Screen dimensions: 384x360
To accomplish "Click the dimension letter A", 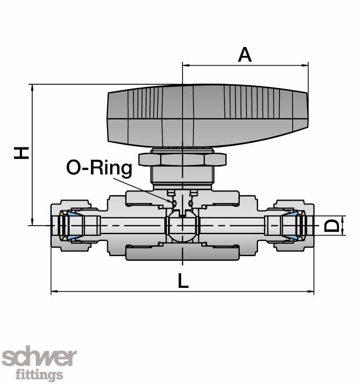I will click(x=245, y=55).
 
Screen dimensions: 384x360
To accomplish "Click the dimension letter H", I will click(x=21, y=153).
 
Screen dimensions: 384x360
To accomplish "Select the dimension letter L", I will click(x=183, y=281).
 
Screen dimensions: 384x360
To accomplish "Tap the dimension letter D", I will click(x=332, y=225).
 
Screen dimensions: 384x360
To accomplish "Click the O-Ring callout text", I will click(x=99, y=168).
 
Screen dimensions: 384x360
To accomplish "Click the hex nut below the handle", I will click(x=182, y=159).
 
